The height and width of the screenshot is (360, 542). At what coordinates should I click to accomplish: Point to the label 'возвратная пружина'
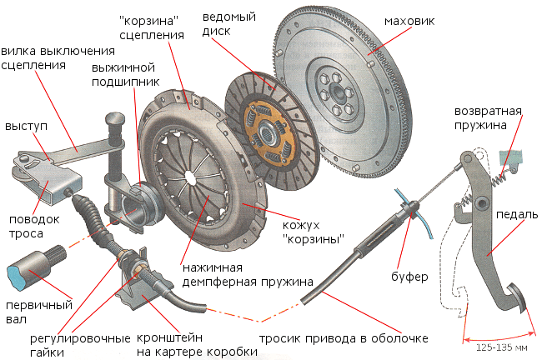click(487, 117)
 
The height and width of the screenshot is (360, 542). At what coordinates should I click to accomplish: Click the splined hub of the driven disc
click(267, 129)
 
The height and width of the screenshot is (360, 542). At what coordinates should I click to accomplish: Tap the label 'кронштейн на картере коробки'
click(199, 345)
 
